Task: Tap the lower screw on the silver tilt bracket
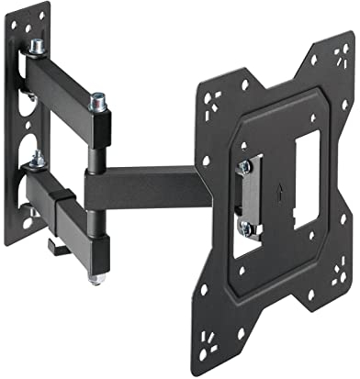(x=244, y=226)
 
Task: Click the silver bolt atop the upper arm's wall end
(x=38, y=46)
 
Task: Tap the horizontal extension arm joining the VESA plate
(x=147, y=187)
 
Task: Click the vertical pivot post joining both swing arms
(x=96, y=184)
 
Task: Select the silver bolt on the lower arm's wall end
(x=36, y=163)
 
